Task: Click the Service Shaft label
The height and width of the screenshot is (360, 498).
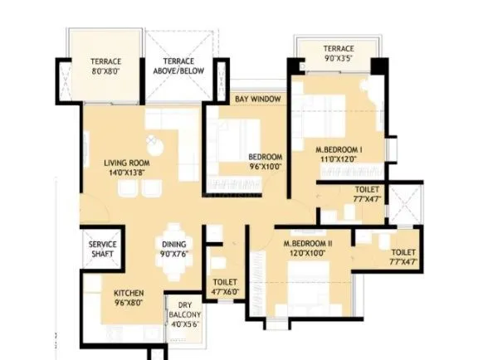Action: click(x=103, y=251)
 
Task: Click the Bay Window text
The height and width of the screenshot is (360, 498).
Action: click(x=257, y=100)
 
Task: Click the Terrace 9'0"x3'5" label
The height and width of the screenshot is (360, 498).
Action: click(x=338, y=54)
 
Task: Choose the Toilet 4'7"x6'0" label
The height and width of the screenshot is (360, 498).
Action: click(x=225, y=287)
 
